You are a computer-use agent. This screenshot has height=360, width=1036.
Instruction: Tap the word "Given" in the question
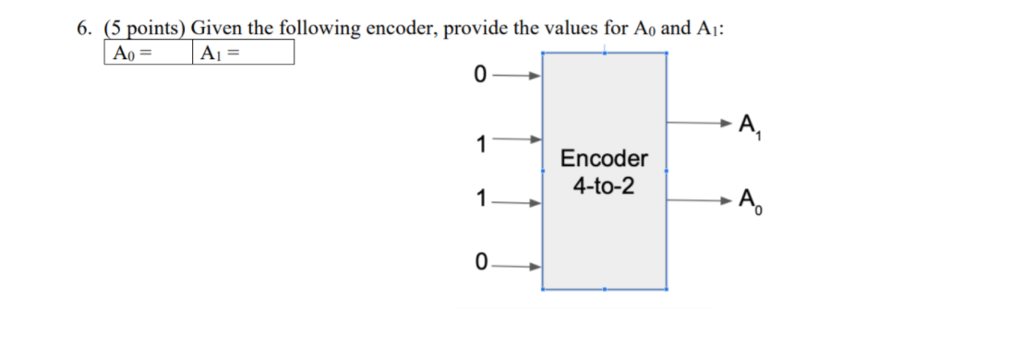213,28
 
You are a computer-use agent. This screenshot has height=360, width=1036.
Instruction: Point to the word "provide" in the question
476,28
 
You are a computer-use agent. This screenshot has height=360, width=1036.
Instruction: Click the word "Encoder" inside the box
604,159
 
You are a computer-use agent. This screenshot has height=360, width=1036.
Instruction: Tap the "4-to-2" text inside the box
604,186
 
